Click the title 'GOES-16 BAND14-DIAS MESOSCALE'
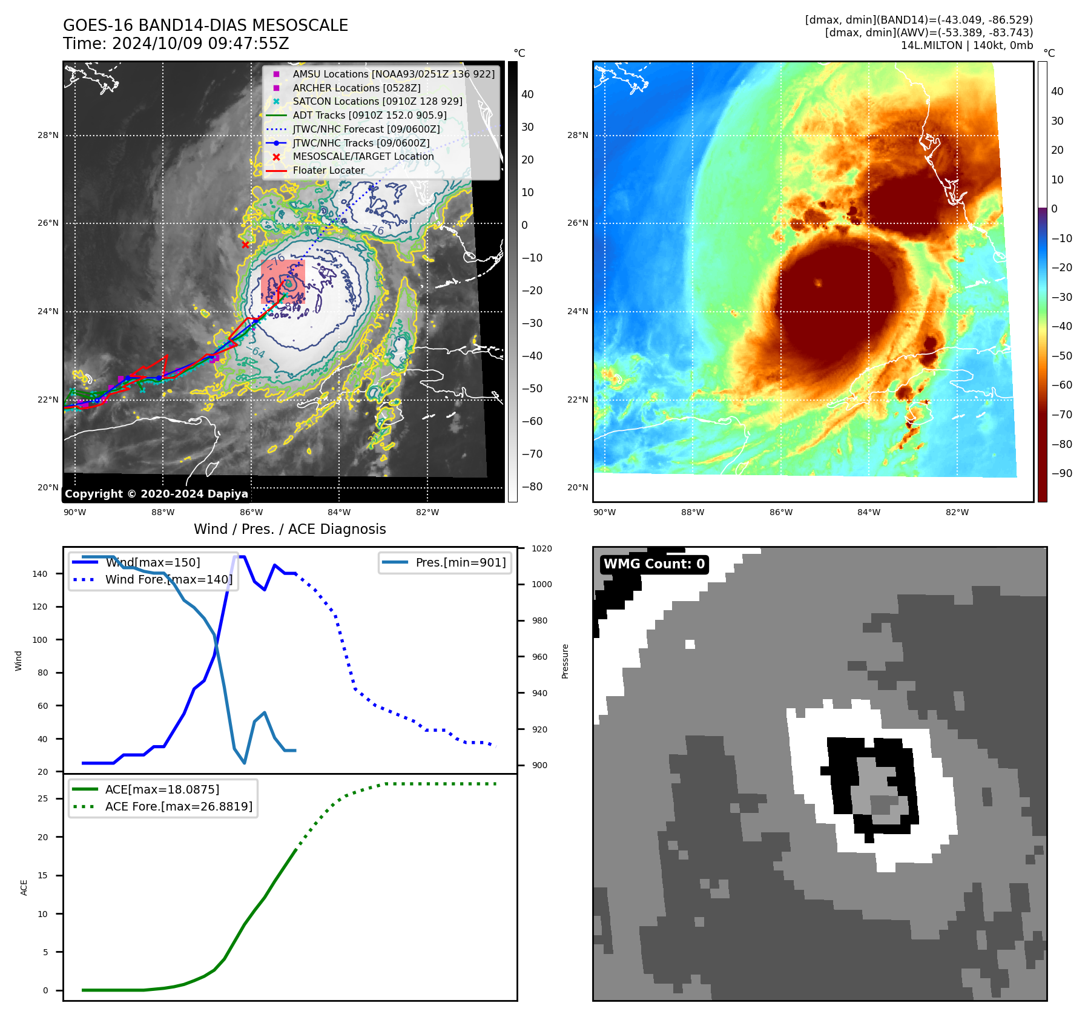[205, 25]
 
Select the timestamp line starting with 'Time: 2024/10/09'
[176, 44]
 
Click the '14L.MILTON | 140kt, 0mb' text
[966, 45]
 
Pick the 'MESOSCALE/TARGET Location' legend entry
[363, 156]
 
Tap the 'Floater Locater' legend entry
[328, 170]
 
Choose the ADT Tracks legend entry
[369, 115]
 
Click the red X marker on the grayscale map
[245, 245]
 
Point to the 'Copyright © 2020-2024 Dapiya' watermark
[156, 494]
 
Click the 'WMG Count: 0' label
[654, 564]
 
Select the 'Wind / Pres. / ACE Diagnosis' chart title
[289, 529]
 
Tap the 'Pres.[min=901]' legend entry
[460, 562]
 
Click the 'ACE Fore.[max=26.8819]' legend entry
[179, 806]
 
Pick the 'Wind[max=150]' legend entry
[152, 562]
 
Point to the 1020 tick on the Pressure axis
[541, 548]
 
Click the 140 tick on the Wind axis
[39, 574]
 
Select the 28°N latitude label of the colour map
[577, 135]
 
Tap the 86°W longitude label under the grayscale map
[251, 512]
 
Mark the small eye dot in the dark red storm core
[818, 283]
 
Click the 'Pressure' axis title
[565, 661]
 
